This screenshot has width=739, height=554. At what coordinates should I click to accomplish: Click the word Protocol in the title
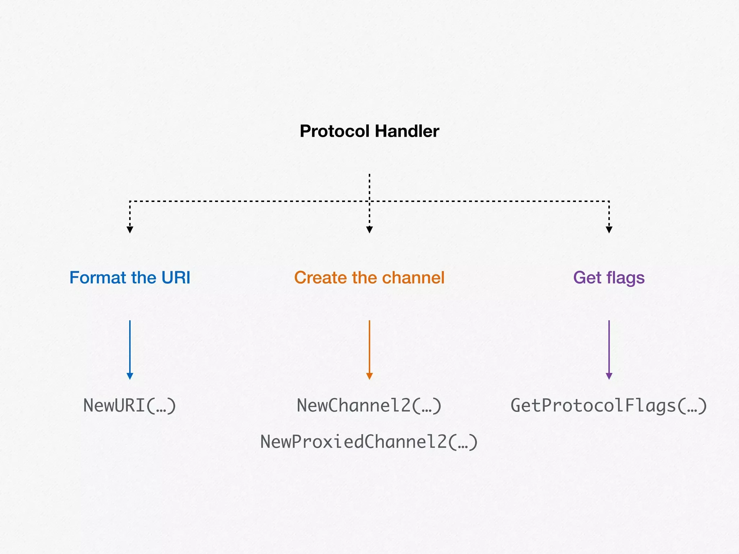(334, 131)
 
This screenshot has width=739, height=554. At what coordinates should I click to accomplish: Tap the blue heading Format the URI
(130, 278)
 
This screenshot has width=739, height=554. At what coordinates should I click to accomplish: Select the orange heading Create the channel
(369, 278)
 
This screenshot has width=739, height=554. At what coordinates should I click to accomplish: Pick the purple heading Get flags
(609, 278)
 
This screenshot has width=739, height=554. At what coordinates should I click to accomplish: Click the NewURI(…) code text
(130, 405)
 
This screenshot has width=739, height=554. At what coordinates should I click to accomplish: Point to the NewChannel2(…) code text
(369, 405)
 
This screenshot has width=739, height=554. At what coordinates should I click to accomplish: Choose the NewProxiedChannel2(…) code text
(369, 442)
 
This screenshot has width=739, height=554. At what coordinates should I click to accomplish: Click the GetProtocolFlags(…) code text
(609, 405)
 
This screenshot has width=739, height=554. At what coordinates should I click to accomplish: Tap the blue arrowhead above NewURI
(130, 376)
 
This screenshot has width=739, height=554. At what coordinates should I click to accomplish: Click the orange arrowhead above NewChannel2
(369, 376)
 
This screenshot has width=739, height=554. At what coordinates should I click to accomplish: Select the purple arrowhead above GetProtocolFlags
(609, 376)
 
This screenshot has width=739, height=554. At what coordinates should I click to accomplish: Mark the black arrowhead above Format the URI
(130, 230)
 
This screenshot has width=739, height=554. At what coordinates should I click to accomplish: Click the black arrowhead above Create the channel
(369, 230)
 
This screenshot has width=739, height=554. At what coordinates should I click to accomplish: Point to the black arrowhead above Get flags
(609, 230)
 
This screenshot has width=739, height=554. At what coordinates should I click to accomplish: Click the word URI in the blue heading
(175, 278)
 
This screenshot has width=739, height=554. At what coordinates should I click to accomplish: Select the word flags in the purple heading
(625, 278)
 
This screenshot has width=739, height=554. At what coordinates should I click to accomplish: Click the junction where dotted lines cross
(369, 201)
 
